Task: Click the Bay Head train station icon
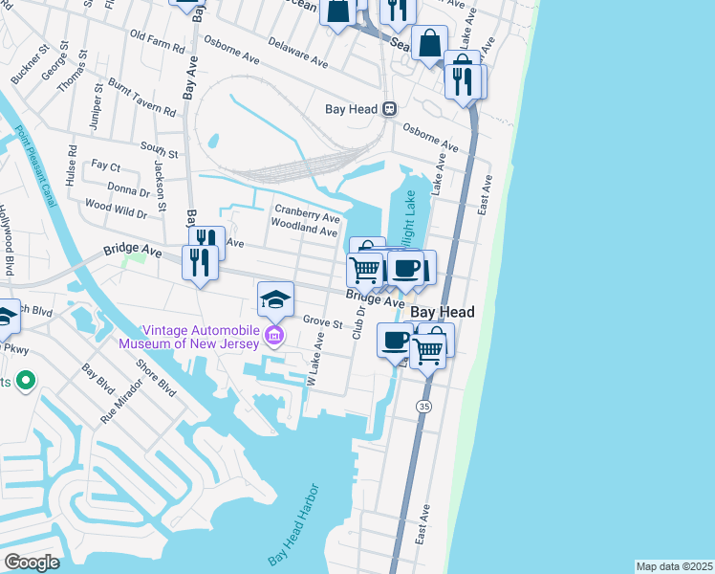389,109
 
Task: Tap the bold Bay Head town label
443,313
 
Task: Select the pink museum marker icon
274,335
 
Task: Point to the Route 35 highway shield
421,407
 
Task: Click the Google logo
32,563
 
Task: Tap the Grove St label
322,323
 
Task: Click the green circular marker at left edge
26,383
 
